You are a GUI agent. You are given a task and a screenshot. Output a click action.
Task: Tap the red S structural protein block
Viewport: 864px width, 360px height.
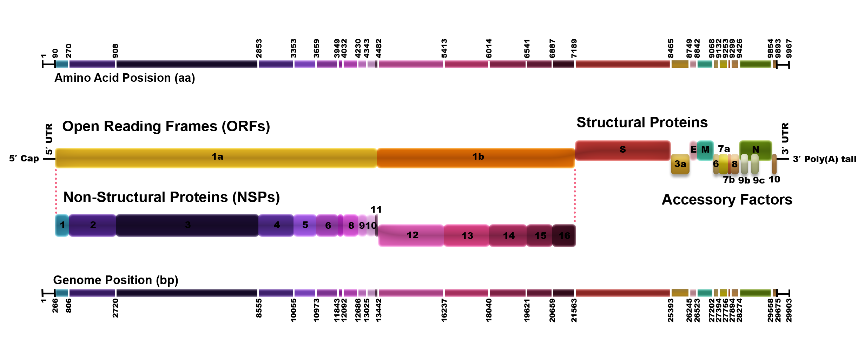622,150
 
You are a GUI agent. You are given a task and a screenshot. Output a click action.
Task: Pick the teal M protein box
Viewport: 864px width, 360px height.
705,150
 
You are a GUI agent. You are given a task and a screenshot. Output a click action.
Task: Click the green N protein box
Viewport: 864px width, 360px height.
756,150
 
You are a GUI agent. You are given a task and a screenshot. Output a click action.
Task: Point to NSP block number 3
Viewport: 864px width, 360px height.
187,225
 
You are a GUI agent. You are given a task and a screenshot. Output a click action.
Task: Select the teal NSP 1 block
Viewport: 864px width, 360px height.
62,225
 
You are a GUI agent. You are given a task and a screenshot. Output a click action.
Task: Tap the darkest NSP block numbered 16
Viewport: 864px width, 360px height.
564,236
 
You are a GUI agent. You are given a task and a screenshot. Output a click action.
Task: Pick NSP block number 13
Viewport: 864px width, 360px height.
467,236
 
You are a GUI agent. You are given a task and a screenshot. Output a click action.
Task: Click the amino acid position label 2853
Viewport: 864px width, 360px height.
259,48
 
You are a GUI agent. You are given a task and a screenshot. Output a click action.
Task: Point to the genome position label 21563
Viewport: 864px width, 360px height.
574,310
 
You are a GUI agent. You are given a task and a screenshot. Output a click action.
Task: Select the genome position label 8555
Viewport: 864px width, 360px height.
259,308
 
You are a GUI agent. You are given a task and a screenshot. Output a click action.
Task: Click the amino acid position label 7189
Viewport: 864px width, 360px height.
574,48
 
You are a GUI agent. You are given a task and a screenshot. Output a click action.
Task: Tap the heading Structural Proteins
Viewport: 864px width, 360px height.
642,123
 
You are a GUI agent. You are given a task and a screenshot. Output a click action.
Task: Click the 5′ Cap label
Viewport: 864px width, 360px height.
24,159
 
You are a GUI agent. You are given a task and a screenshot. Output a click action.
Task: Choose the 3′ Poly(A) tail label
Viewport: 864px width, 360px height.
824,159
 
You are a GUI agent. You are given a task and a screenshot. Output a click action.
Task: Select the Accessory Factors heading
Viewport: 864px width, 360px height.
727,200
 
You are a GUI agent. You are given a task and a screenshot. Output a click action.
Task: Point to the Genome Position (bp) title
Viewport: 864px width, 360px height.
116,280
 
